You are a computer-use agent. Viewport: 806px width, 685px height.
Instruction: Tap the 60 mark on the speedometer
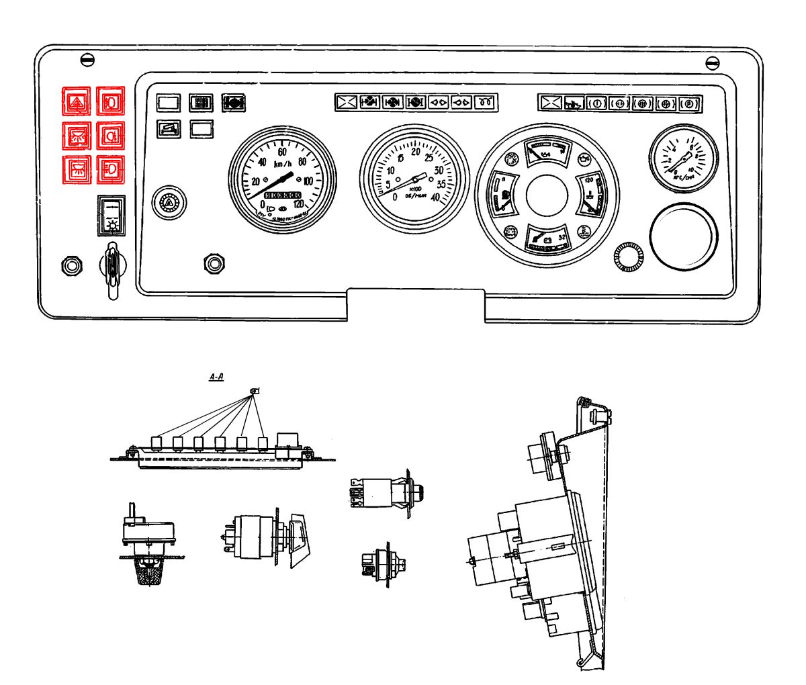point(283,152)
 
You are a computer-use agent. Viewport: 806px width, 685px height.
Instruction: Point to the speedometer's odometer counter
point(283,195)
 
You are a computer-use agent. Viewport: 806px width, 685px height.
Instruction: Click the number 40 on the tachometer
point(435,197)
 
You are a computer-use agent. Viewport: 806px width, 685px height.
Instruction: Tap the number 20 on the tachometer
point(416,153)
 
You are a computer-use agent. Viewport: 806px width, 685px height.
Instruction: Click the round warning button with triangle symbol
point(168,201)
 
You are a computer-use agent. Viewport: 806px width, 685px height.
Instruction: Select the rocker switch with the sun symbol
point(111,214)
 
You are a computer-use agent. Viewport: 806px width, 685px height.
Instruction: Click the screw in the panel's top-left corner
point(87,60)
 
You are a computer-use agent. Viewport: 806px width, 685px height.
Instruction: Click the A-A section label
point(216,378)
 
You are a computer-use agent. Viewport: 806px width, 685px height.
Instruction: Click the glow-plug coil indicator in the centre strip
point(485,102)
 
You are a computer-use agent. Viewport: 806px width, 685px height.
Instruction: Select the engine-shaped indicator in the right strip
point(574,104)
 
